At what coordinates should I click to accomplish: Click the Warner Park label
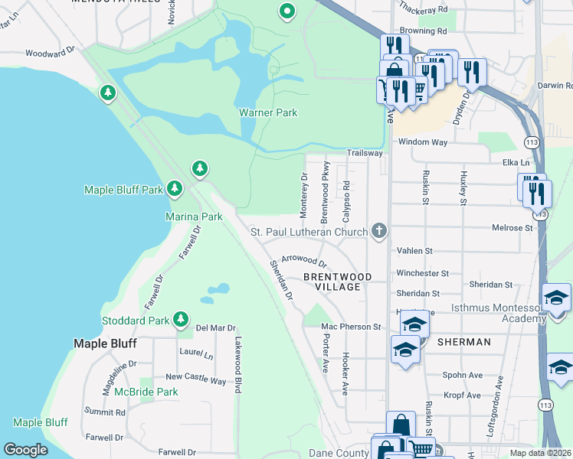coord(267,112)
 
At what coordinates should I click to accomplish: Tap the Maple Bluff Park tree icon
coord(175,188)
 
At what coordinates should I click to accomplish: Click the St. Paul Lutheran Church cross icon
coord(378,231)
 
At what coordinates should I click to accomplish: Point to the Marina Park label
coord(194,216)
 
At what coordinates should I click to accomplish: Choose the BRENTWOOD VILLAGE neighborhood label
coord(338,281)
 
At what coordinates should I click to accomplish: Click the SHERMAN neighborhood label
coord(463,342)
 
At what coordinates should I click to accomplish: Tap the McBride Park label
coord(146,392)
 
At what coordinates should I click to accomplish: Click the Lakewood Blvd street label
coord(238,365)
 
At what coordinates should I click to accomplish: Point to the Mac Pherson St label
coord(351,327)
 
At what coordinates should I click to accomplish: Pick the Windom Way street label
coord(422,142)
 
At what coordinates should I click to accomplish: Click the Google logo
coord(25,450)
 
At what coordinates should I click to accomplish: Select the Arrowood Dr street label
coord(304,261)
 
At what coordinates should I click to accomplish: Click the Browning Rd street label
coord(421,31)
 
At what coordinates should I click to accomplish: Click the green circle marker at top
coord(286,11)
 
